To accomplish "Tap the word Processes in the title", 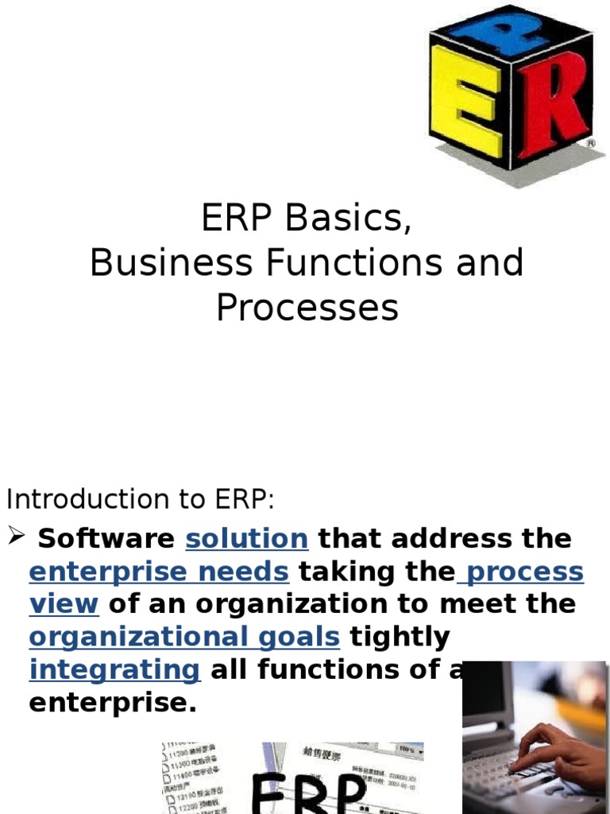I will coord(307,308).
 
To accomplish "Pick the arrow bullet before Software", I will coord(17,538).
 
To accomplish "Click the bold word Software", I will coord(106,539).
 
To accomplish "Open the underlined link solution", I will coord(246,539).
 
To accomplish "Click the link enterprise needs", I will coord(159,572).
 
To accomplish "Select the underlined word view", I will coord(64,604).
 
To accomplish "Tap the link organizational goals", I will coord(184,637).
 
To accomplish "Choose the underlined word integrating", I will coord(114,670).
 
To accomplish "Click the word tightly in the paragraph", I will coord(400,637).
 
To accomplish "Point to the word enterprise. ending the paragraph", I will coord(112,703).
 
